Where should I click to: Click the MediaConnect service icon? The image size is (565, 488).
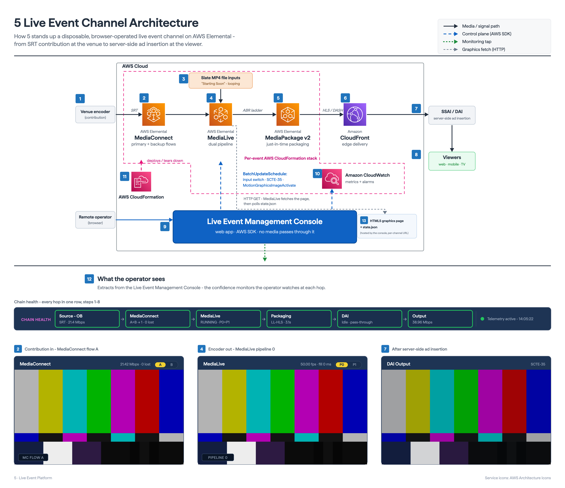(154, 114)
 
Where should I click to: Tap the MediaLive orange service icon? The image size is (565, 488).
(221, 114)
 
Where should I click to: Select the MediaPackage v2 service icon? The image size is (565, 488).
(288, 114)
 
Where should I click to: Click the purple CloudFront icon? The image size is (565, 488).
(355, 114)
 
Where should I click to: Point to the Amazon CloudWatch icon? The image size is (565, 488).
(332, 179)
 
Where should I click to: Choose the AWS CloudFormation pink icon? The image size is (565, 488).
(141, 182)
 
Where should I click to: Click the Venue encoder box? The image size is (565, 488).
(95, 114)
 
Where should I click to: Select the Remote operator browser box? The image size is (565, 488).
(95, 220)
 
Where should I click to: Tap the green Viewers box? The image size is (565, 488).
(452, 161)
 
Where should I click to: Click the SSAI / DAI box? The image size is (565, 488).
(452, 115)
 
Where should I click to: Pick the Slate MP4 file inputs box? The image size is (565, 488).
(221, 81)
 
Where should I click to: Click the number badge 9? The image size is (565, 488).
(165, 227)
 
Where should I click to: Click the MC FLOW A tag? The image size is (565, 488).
(33, 457)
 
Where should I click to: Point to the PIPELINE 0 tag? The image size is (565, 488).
(218, 457)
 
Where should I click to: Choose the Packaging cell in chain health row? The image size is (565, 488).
(299, 319)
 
